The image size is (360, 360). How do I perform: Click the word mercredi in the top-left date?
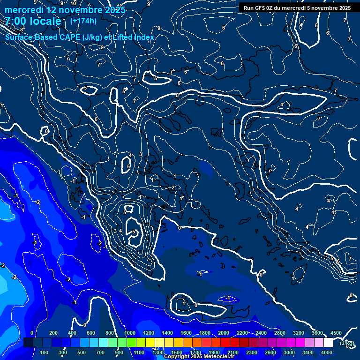pos(23,10)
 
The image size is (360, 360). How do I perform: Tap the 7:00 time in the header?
pos(16,22)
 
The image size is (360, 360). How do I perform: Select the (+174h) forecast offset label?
pos(83,21)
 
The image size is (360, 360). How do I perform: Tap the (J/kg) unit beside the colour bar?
pos(347,343)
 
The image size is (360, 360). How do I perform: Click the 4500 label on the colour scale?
pos(336,333)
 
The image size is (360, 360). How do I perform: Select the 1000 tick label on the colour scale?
pos(129,333)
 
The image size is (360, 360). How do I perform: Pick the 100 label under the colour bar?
pos(45,352)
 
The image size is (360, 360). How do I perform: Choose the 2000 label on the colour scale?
pos(224,333)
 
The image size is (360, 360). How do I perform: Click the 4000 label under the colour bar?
pos(327,352)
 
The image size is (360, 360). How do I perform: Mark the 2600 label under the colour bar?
pos(270,352)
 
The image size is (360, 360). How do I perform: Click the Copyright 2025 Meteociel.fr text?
pos(199,357)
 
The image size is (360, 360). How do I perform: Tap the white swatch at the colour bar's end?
pos(337,343)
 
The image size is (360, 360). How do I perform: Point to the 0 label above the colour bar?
pos(32,333)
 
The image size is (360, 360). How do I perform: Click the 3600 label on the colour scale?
pos(317,333)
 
